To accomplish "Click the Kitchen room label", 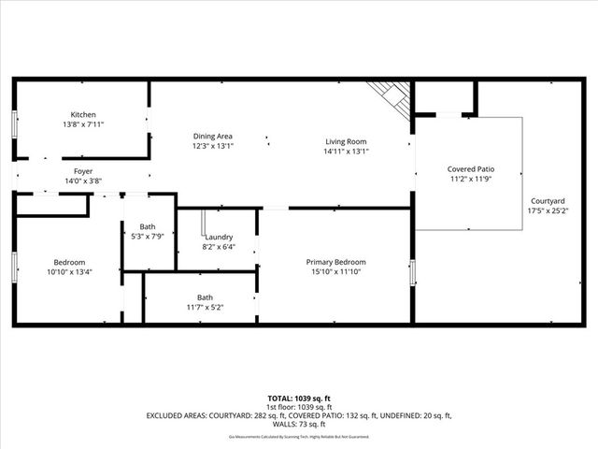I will pyautogui.click(x=83, y=114).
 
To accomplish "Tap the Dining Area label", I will pyautogui.click(x=212, y=136).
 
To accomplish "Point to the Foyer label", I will pyautogui.click(x=83, y=171).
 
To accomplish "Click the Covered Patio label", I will pyautogui.click(x=470, y=168).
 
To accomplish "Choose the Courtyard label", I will pyautogui.click(x=547, y=201).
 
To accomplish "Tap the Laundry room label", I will pyautogui.click(x=219, y=238).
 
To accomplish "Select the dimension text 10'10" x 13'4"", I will pyautogui.click(x=70, y=271).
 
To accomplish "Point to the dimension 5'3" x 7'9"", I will pyautogui.click(x=148, y=236).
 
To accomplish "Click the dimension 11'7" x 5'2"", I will pyautogui.click(x=205, y=307).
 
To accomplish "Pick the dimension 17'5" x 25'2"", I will pyautogui.click(x=547, y=210).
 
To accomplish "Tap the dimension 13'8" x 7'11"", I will pyautogui.click(x=83, y=123).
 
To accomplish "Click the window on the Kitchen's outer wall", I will pyautogui.click(x=14, y=124).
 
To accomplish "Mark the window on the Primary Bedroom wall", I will pyautogui.click(x=413, y=271).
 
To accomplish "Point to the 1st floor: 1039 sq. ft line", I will pyautogui.click(x=299, y=407).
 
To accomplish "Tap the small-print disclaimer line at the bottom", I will pyautogui.click(x=299, y=437).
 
